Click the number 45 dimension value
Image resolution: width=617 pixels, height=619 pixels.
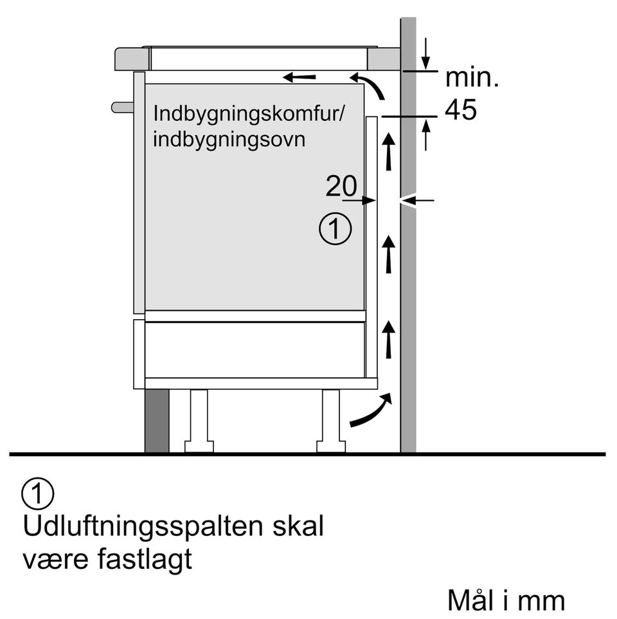[x=460, y=109]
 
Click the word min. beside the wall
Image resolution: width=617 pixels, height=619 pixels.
[x=472, y=77]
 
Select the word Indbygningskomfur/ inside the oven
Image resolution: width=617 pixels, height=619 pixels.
[x=249, y=115]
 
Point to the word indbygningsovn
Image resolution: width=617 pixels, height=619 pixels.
[x=229, y=140]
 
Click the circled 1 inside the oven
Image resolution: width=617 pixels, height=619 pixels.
[x=335, y=228]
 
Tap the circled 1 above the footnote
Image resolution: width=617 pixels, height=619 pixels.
[x=38, y=494]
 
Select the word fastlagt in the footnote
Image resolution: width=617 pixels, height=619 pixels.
[x=145, y=560]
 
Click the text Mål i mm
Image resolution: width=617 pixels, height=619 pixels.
[x=506, y=601]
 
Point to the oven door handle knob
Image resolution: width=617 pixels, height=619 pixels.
[x=123, y=107]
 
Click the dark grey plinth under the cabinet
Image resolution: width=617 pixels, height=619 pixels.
[x=157, y=421]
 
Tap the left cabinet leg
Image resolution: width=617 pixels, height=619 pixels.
[x=199, y=421]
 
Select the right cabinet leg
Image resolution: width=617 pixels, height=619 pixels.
[x=331, y=421]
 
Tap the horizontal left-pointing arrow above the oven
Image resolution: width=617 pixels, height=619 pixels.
[x=300, y=77]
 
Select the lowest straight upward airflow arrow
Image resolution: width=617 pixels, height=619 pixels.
[x=389, y=340]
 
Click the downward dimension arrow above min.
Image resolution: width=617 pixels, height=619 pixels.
[x=425, y=54]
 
